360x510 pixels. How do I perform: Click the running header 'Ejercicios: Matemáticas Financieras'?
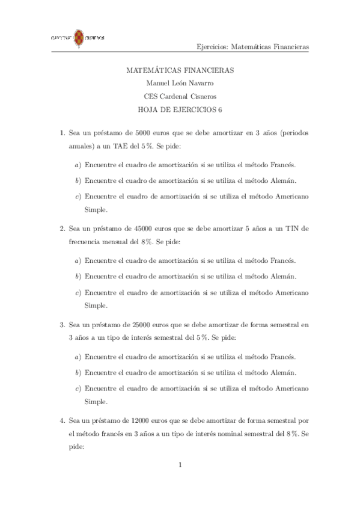(x=253, y=46)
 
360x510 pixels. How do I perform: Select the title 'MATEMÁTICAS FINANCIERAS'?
(x=180, y=70)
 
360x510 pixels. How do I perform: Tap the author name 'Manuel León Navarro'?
(x=180, y=83)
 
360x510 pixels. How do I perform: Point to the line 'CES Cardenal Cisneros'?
(x=180, y=96)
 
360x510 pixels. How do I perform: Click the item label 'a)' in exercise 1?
(x=78, y=164)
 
